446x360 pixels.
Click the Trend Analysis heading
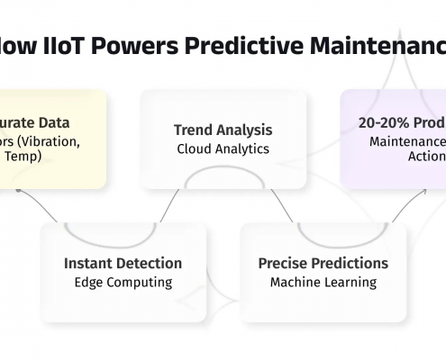(223, 130)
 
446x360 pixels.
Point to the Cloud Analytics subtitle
(223, 148)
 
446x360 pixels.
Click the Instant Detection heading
(123, 264)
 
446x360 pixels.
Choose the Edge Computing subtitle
(123, 282)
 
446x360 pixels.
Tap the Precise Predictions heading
(323, 264)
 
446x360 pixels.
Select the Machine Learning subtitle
(323, 282)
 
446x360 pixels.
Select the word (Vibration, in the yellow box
(66, 140)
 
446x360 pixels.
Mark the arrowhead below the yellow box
(18, 191)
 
